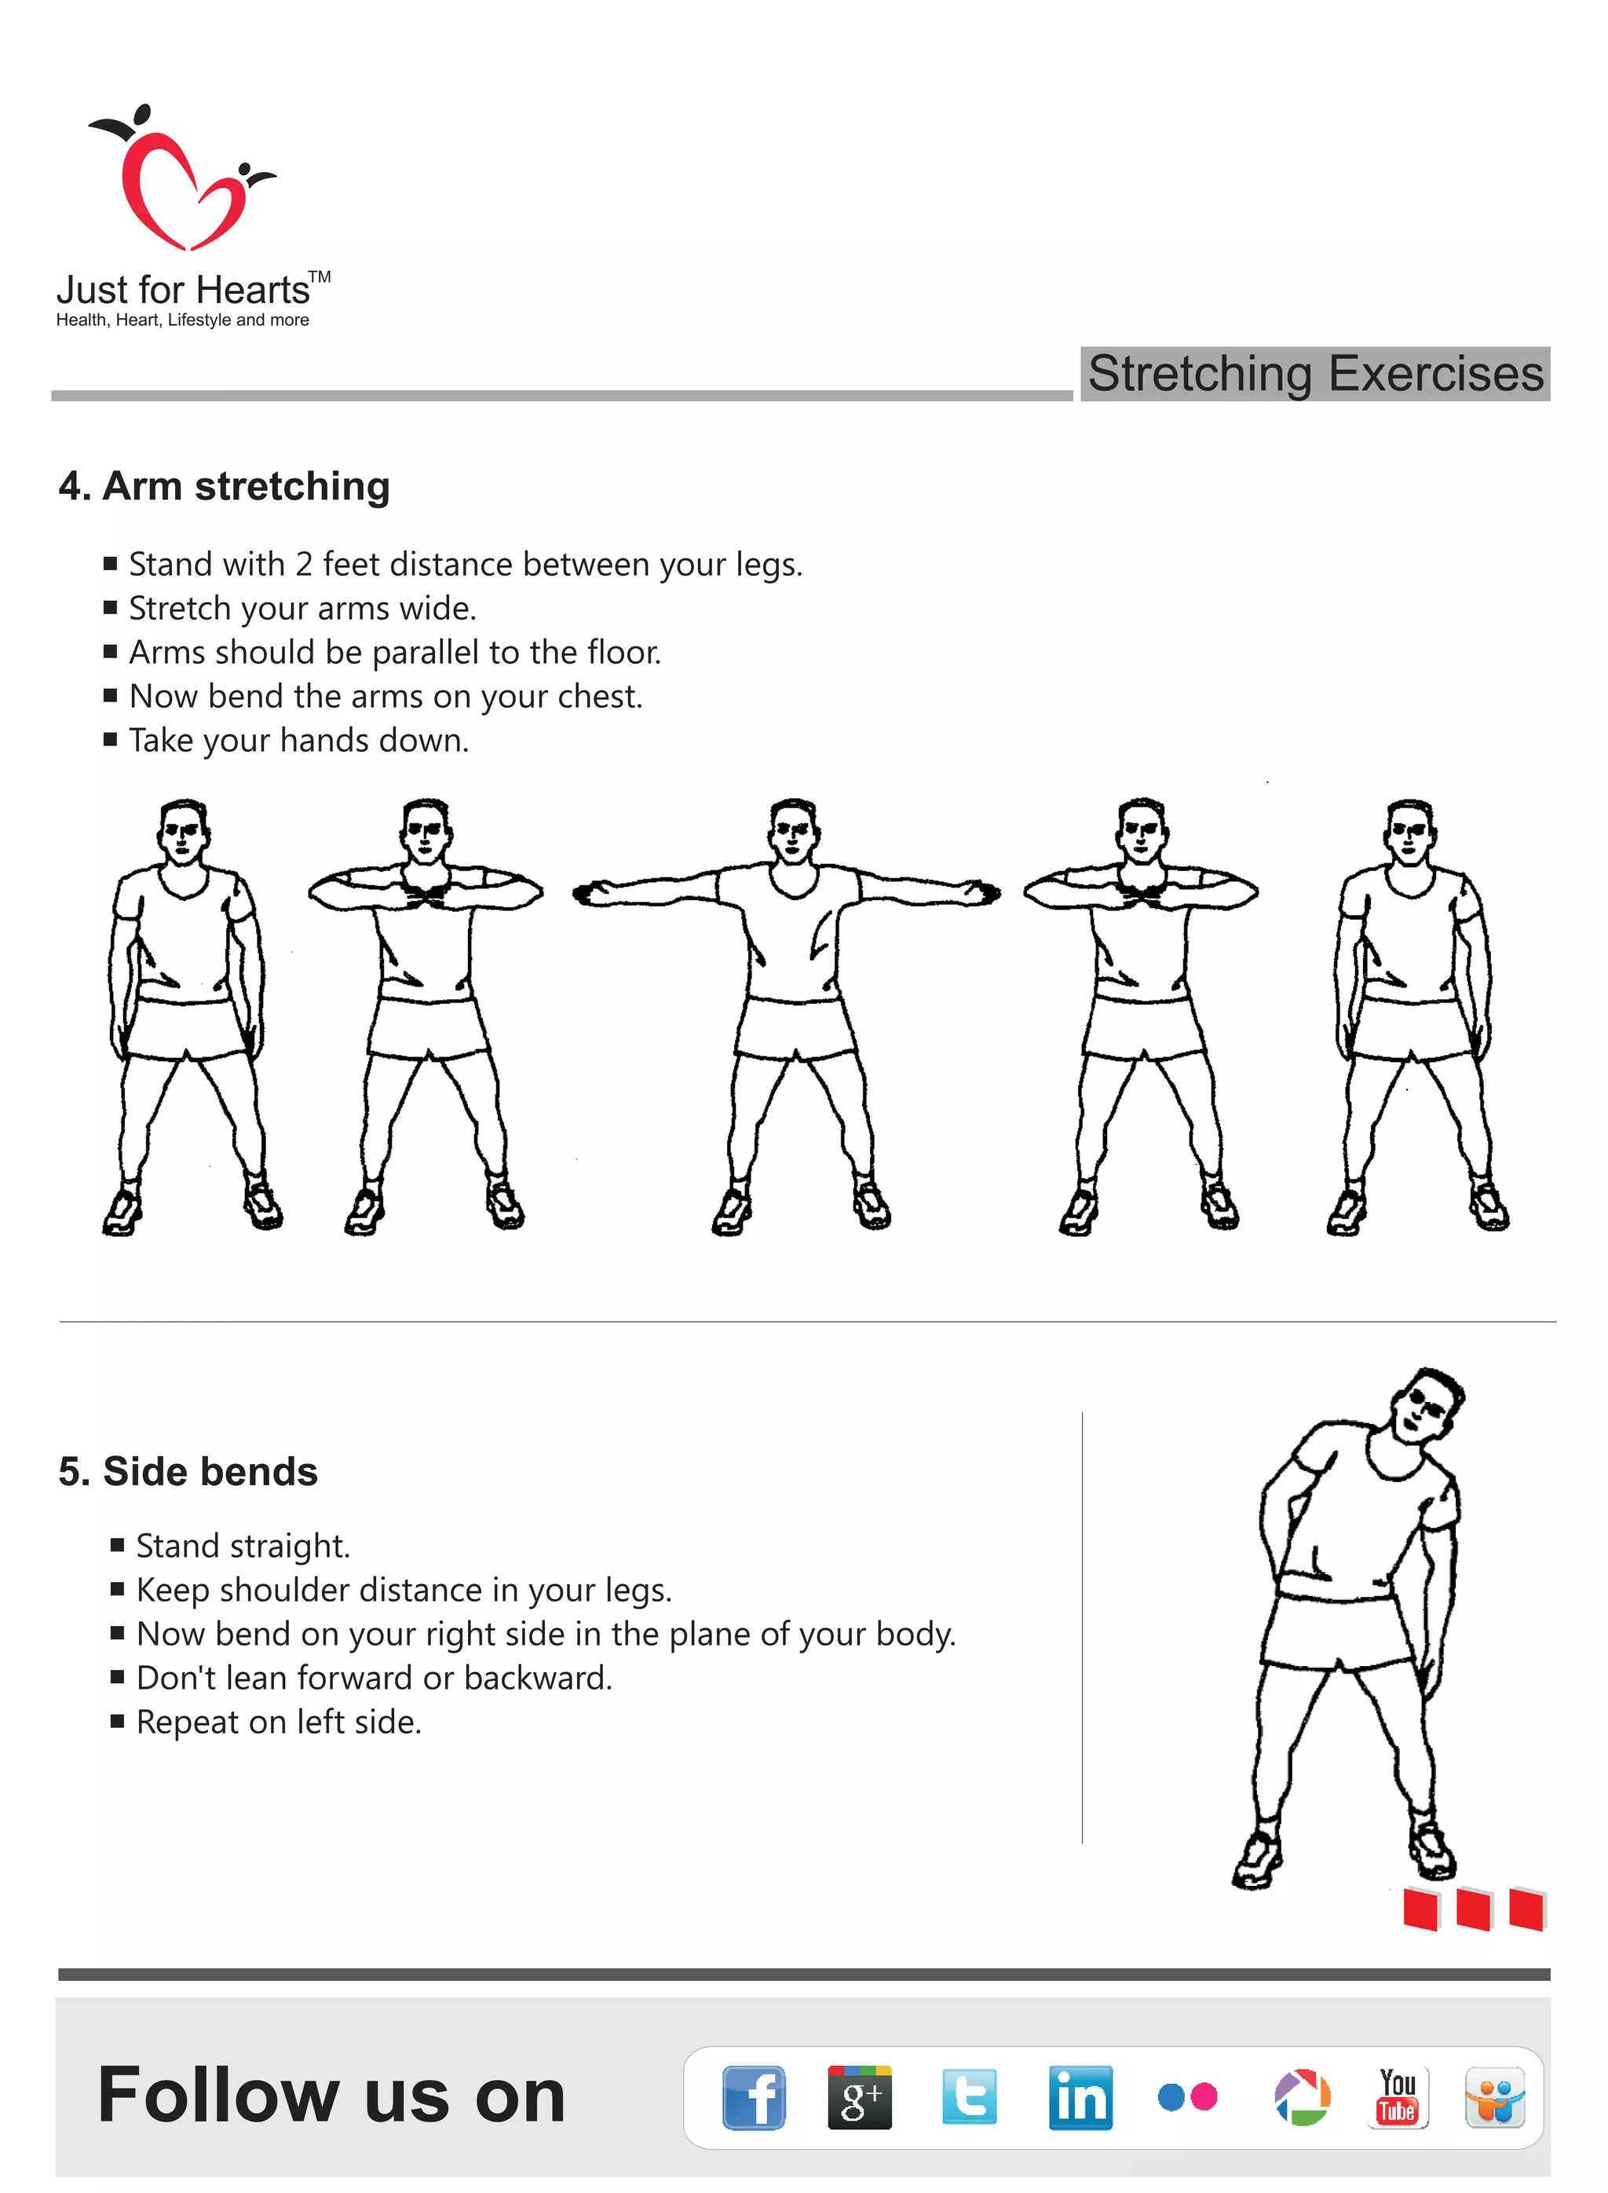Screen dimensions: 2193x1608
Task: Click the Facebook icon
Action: point(754,2096)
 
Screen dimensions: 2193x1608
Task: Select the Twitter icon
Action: point(969,2096)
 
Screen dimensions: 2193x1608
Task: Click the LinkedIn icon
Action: point(1080,2096)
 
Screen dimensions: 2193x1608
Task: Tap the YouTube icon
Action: point(1397,2096)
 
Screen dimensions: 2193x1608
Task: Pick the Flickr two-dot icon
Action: point(1186,2096)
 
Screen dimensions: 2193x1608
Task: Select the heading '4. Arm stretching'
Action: point(224,486)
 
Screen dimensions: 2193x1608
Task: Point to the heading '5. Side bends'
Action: point(188,1471)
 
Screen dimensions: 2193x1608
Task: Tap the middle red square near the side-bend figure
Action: point(1473,1909)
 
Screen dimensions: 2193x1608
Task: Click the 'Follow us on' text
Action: point(331,2096)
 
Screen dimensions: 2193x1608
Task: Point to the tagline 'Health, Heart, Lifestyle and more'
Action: point(182,320)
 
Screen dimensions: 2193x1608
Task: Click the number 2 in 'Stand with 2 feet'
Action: point(304,565)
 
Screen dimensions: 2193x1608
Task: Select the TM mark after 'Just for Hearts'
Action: point(320,277)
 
